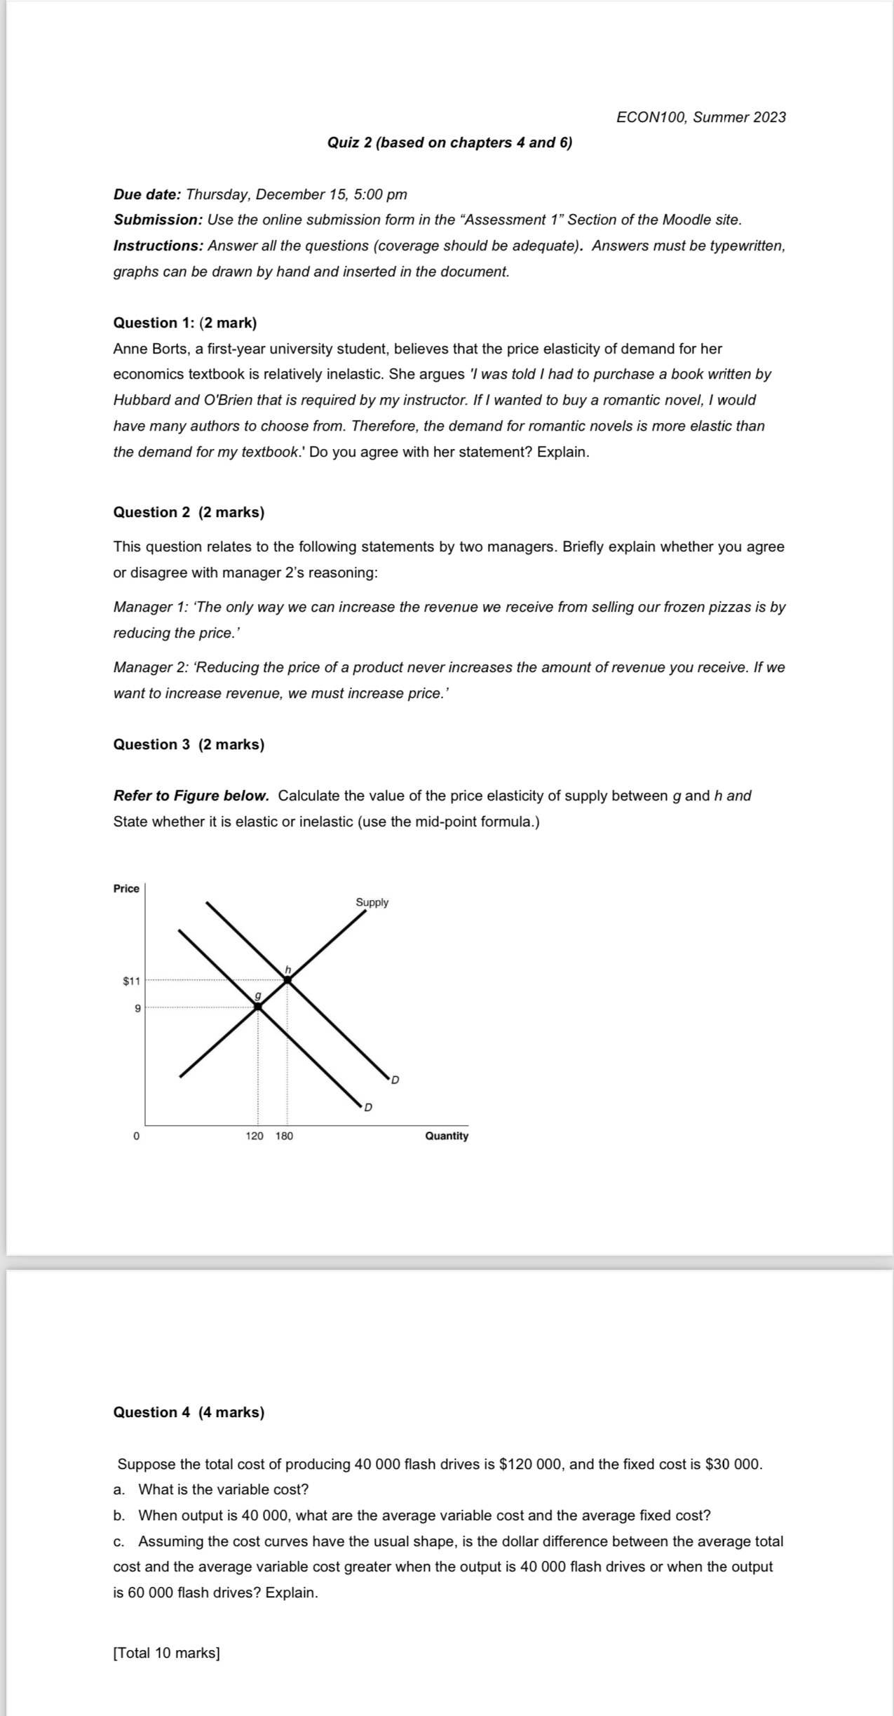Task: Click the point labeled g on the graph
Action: tap(257, 1006)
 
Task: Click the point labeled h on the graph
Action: tap(287, 979)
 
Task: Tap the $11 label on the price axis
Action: tap(131, 981)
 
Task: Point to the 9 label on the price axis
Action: tap(137, 1008)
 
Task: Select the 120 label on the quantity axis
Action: tap(255, 1136)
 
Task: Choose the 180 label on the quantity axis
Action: tap(284, 1136)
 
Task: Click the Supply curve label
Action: tap(372, 902)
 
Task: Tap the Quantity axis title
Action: tap(447, 1136)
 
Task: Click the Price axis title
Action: tap(126, 889)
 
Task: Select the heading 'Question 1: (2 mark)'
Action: tap(185, 323)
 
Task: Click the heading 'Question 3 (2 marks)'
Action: tap(189, 744)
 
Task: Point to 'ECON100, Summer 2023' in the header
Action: tap(701, 117)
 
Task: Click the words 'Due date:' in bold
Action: tap(147, 194)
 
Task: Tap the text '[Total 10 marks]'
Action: tap(166, 1653)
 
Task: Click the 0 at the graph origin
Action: tap(137, 1136)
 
